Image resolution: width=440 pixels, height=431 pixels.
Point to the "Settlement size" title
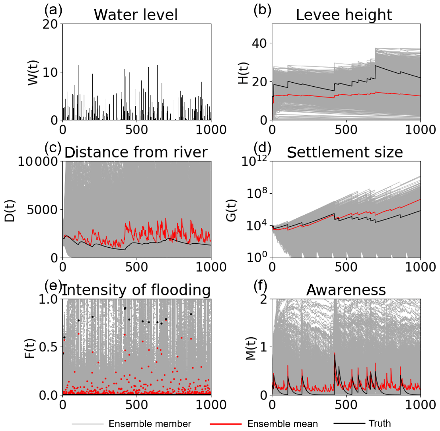[345, 153]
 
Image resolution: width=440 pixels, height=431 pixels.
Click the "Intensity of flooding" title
[136, 291]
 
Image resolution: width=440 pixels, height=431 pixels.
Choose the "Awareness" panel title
[346, 291]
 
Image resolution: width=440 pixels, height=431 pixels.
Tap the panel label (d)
[262, 148]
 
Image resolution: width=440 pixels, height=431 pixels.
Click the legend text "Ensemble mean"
[282, 423]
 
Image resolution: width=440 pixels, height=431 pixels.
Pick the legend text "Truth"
[380, 423]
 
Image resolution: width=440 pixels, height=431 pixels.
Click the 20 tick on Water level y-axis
[52, 24]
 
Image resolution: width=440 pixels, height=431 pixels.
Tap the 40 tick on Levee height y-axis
[261, 43]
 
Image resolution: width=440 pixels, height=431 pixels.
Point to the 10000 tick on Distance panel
[39, 161]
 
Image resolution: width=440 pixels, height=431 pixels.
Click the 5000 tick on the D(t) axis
[44, 210]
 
